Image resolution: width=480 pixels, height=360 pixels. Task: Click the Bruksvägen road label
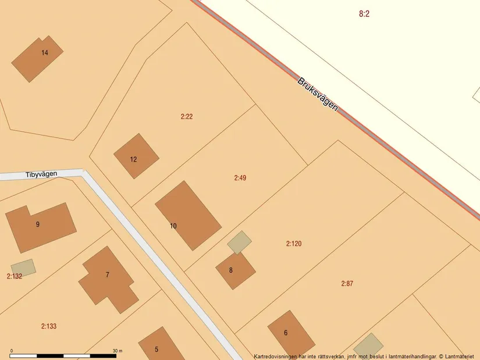(x=318, y=95)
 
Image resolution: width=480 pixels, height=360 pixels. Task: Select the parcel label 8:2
(x=364, y=14)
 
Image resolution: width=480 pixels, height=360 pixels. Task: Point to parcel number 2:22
(x=187, y=116)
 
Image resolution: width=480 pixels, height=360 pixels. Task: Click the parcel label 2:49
(x=240, y=178)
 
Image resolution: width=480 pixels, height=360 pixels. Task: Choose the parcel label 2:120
(x=294, y=244)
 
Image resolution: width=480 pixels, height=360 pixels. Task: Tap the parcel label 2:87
(x=347, y=284)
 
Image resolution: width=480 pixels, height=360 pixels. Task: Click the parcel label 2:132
(x=15, y=276)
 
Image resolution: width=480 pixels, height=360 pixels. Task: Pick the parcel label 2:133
(x=49, y=326)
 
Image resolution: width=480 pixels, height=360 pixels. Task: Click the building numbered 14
(x=38, y=58)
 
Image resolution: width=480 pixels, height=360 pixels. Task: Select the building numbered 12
(x=136, y=156)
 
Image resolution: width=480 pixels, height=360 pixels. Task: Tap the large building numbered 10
(x=187, y=215)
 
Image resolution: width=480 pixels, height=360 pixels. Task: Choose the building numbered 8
(x=235, y=270)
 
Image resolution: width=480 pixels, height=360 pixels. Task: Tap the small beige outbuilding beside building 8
(x=239, y=242)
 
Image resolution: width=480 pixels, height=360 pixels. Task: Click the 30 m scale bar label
(x=118, y=351)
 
